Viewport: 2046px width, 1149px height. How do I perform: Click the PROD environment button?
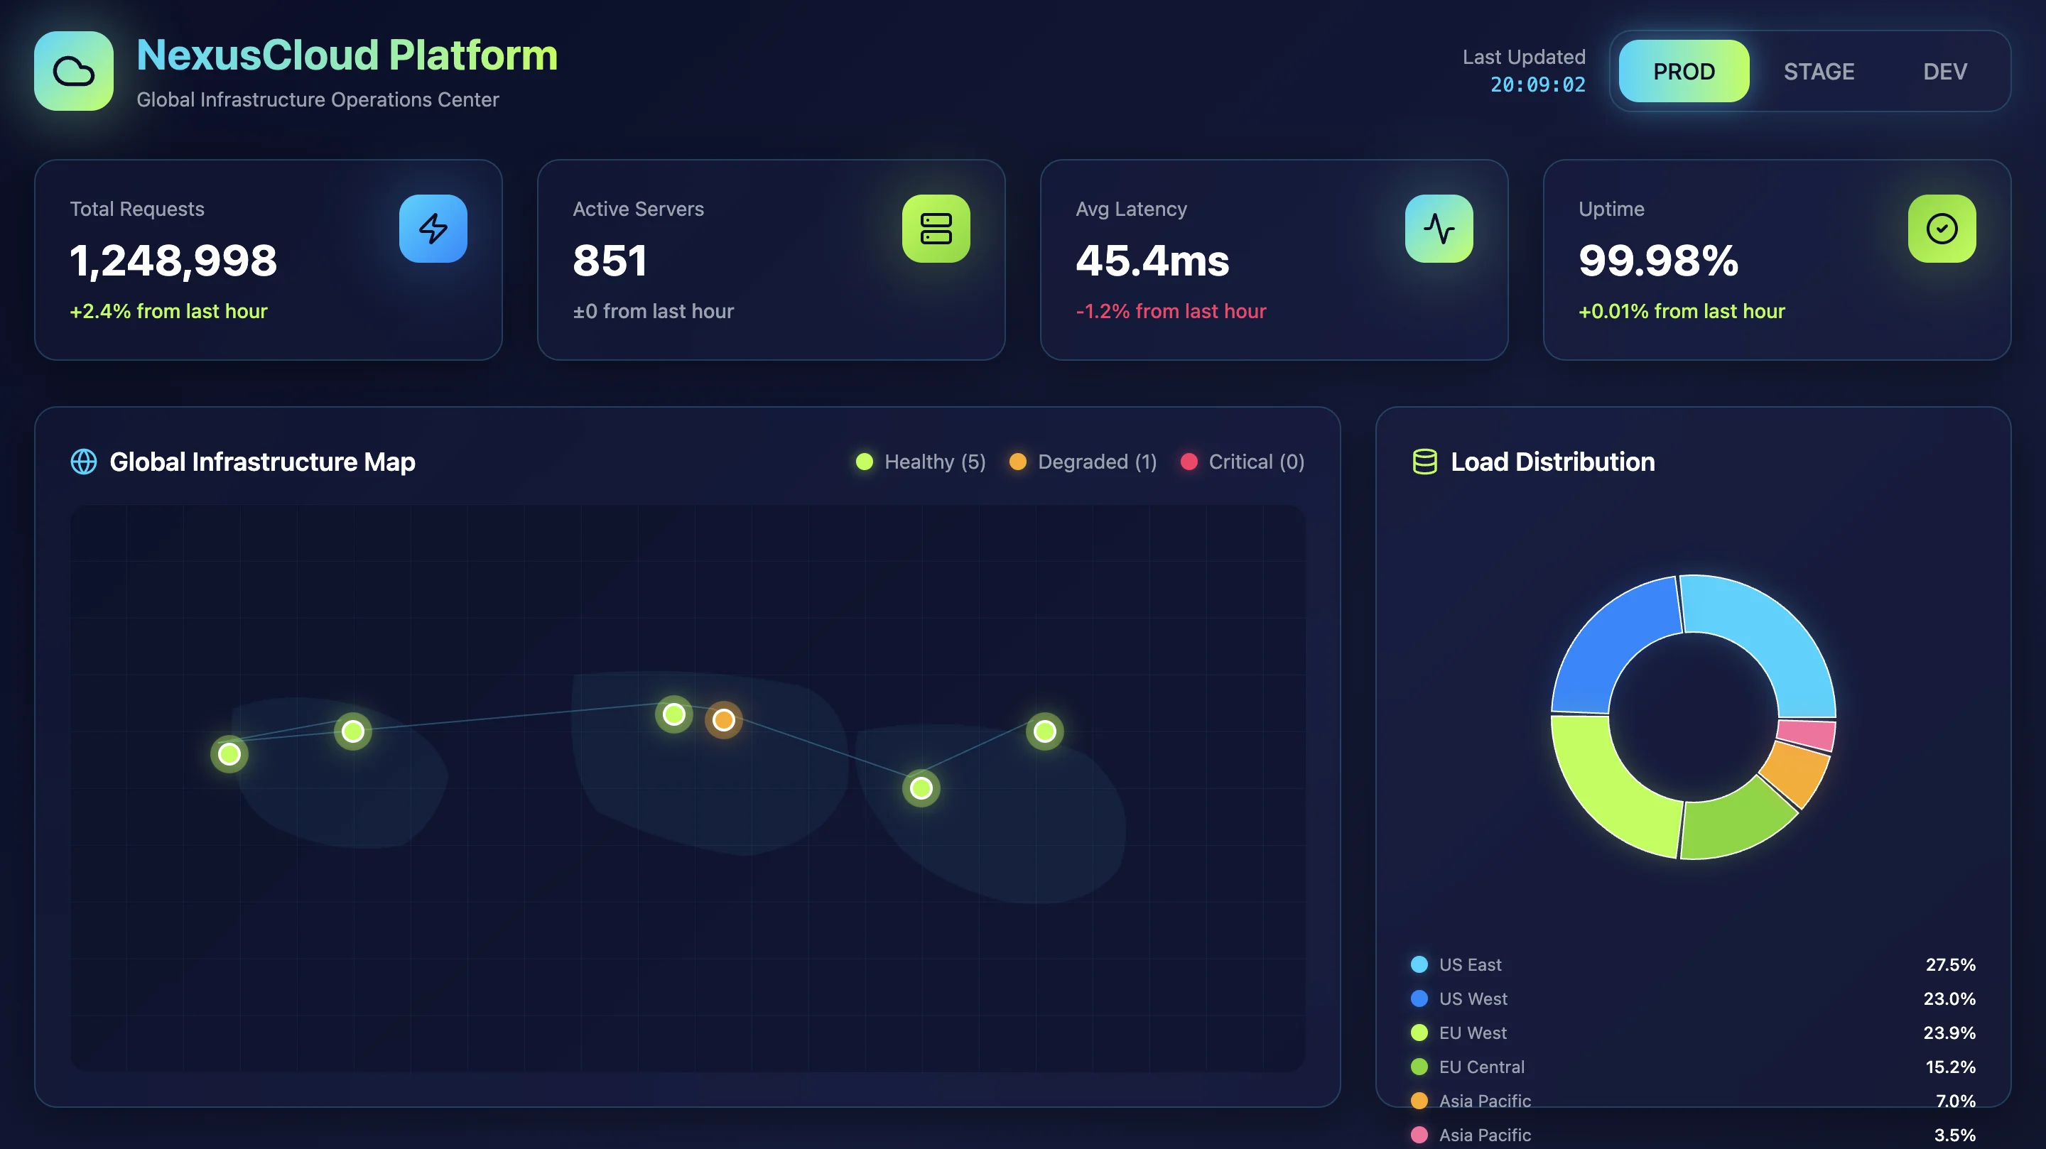pos(1683,72)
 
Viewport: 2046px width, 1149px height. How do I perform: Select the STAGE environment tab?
pos(1818,72)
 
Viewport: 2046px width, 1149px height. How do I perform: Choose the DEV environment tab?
pos(1944,72)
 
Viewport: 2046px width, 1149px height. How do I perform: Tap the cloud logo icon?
pos(74,72)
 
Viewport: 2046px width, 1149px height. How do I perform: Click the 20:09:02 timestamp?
pos(1537,85)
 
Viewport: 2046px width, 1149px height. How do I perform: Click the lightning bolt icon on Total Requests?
pos(433,229)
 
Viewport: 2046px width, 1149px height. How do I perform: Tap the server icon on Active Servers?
pos(936,229)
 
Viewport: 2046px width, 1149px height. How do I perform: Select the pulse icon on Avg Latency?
pos(1439,229)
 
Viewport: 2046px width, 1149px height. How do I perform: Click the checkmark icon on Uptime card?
pos(1941,229)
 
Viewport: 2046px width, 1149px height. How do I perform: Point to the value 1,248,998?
pos(173,261)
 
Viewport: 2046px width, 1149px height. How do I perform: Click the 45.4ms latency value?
pos(1152,261)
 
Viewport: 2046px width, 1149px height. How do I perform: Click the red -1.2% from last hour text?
pos(1171,311)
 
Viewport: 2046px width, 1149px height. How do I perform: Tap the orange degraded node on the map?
pos(722,720)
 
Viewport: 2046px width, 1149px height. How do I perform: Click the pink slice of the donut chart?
pos(1806,734)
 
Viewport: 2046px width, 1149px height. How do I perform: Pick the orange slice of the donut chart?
pos(1795,774)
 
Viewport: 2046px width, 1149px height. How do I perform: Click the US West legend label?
pos(1473,999)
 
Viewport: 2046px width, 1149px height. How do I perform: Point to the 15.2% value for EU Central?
pos(1950,1067)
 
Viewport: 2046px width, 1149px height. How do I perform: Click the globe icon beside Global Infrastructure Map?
pos(83,462)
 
